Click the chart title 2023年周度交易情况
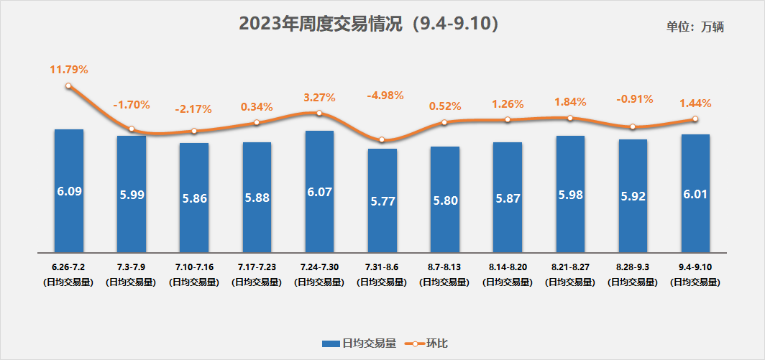pos(368,24)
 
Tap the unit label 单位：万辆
pos(695,27)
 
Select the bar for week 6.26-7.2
pos(69,191)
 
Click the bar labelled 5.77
pos(382,200)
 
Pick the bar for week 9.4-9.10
pos(695,193)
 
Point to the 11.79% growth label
pos(68,70)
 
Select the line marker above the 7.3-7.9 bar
pos(132,129)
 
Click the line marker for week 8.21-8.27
pos(570,118)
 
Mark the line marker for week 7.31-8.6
pos(382,139)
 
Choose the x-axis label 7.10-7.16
pos(194,267)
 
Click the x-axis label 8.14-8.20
pos(508,267)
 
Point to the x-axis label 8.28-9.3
pos(633,267)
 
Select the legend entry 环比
pos(429,343)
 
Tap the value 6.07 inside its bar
pos(319,193)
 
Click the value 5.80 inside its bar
pos(445,201)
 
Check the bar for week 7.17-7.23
pos(257,197)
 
